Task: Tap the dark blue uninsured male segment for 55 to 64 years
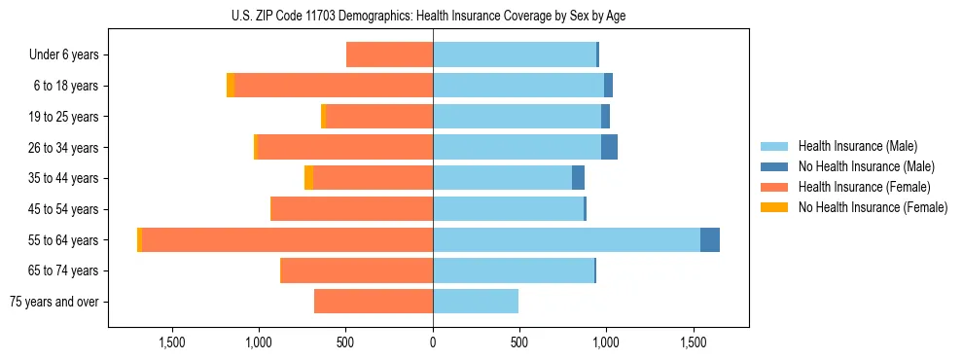(x=710, y=239)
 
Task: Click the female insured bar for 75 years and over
(x=374, y=302)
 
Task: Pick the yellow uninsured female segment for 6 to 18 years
(x=231, y=86)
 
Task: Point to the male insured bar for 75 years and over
(x=476, y=302)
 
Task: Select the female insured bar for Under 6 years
(x=389, y=54)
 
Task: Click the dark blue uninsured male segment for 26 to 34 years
(x=609, y=147)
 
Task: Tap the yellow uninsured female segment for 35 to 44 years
(x=309, y=178)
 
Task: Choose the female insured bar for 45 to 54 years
(x=351, y=209)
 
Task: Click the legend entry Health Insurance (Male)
(x=857, y=146)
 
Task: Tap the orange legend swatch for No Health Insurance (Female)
(x=775, y=207)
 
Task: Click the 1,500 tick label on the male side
(x=694, y=343)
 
